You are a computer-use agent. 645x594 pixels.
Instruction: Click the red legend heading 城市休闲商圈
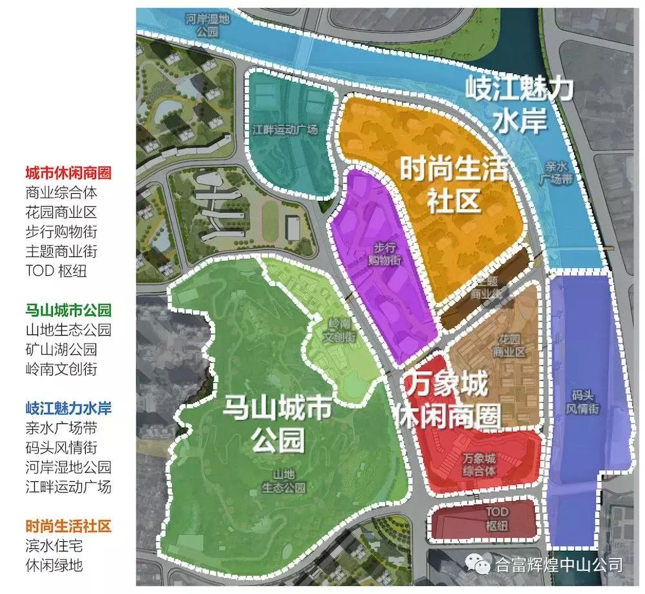[68, 173]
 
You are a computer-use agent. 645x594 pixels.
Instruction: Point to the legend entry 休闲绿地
[54, 565]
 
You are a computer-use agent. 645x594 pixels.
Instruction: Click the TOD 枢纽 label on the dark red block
[497, 519]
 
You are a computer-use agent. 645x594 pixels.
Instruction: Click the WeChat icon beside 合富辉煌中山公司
[481, 566]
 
